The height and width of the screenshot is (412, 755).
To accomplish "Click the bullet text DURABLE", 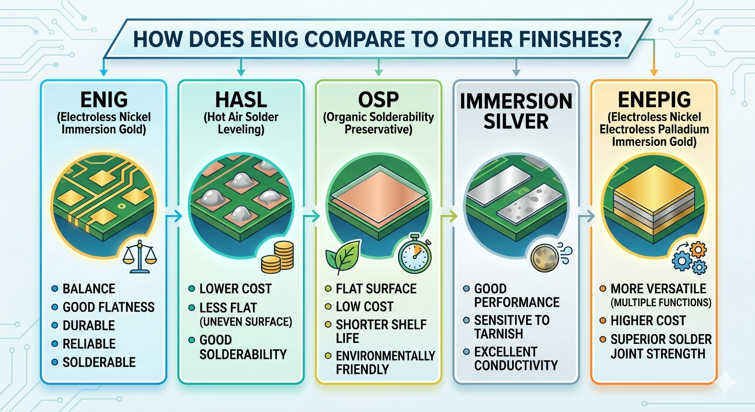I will [x=89, y=326].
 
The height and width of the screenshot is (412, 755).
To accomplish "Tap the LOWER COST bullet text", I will [x=235, y=289].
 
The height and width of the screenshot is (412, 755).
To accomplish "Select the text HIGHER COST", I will [x=648, y=321].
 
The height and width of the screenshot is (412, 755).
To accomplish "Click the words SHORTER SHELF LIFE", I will [x=381, y=332].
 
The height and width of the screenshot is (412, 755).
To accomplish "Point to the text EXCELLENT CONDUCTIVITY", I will [x=516, y=358].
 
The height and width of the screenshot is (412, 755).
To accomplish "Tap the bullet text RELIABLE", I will [x=89, y=344].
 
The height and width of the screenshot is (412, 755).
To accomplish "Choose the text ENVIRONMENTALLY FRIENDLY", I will [x=385, y=362].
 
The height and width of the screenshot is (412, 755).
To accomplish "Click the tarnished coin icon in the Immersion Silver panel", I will [x=545, y=258].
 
